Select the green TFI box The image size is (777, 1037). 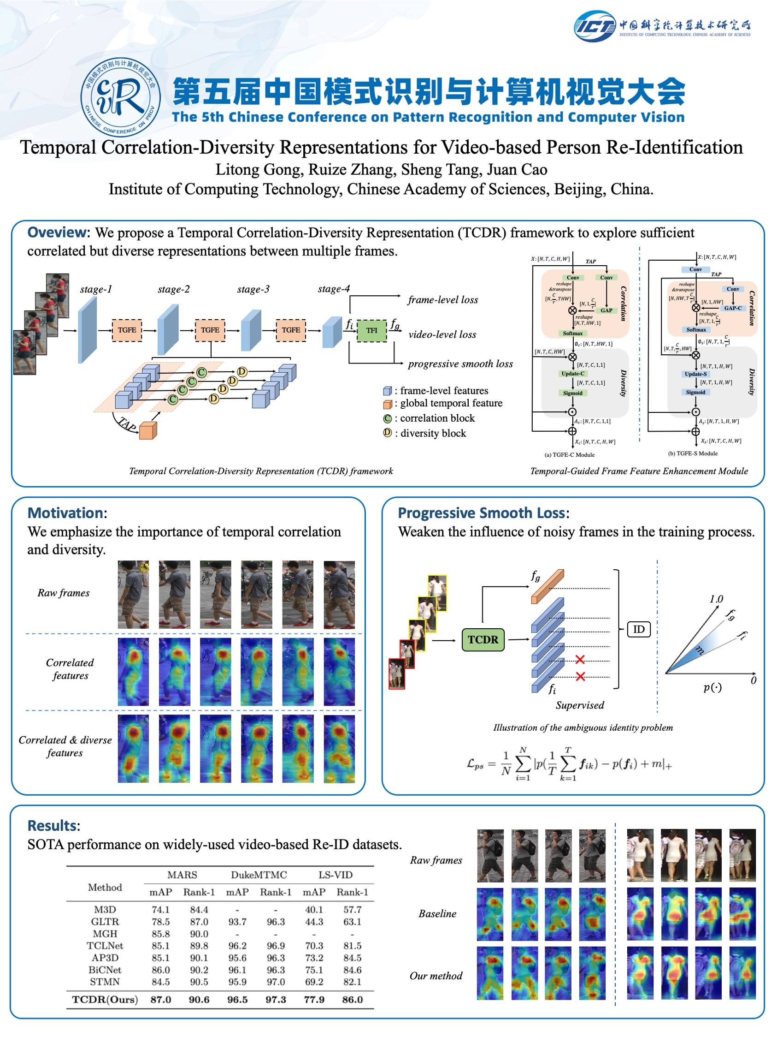371,330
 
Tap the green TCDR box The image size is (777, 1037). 483,639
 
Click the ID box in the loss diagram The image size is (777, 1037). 639,629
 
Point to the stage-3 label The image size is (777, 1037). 253,289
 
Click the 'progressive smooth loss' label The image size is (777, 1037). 460,364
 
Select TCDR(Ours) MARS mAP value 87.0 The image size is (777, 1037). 161,999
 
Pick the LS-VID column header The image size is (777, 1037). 336,875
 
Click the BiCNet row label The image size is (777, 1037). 105,970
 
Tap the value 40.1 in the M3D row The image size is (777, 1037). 314,910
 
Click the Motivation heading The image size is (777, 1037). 65,513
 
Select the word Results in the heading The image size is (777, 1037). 52,825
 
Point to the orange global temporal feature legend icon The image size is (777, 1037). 387,404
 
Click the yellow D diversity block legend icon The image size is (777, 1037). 387,433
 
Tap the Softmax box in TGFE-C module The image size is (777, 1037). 572,334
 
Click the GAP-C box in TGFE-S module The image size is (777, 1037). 732,308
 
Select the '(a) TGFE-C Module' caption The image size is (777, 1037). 569,454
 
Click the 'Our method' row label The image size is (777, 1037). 436,976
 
